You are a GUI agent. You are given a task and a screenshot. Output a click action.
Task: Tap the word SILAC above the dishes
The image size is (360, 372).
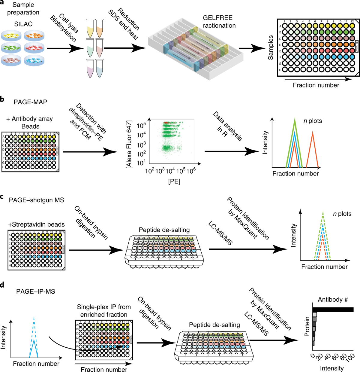click(23, 24)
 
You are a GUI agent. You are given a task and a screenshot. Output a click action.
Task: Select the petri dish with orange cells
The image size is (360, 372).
click(34, 36)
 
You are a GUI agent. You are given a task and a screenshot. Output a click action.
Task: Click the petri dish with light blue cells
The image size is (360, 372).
click(34, 60)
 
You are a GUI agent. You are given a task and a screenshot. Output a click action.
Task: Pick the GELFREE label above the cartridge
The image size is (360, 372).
click(217, 18)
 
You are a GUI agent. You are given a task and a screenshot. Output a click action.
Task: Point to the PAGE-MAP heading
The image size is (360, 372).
click(30, 102)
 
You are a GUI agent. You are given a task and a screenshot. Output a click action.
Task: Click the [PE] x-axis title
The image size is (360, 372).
click(174, 181)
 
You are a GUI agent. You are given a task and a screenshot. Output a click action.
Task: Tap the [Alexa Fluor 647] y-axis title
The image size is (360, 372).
click(129, 144)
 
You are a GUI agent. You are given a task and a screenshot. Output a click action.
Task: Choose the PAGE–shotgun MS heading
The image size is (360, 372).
click(36, 200)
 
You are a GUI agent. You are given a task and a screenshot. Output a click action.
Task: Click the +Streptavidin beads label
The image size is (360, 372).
click(36, 224)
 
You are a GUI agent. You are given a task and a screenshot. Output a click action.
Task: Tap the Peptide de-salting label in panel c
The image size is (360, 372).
click(164, 230)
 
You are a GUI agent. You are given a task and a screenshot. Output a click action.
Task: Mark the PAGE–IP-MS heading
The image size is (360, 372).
click(36, 291)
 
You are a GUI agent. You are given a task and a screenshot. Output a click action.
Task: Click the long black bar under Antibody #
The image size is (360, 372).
click(333, 310)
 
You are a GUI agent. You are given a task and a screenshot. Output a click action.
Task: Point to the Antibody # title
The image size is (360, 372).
click(333, 300)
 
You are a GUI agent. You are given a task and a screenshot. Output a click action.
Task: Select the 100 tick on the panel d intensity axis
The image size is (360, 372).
click(350, 358)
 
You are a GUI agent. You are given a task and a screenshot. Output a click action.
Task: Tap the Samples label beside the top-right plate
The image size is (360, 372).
click(271, 47)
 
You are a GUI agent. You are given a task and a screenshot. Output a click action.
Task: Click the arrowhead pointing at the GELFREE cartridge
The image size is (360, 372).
click(140, 48)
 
